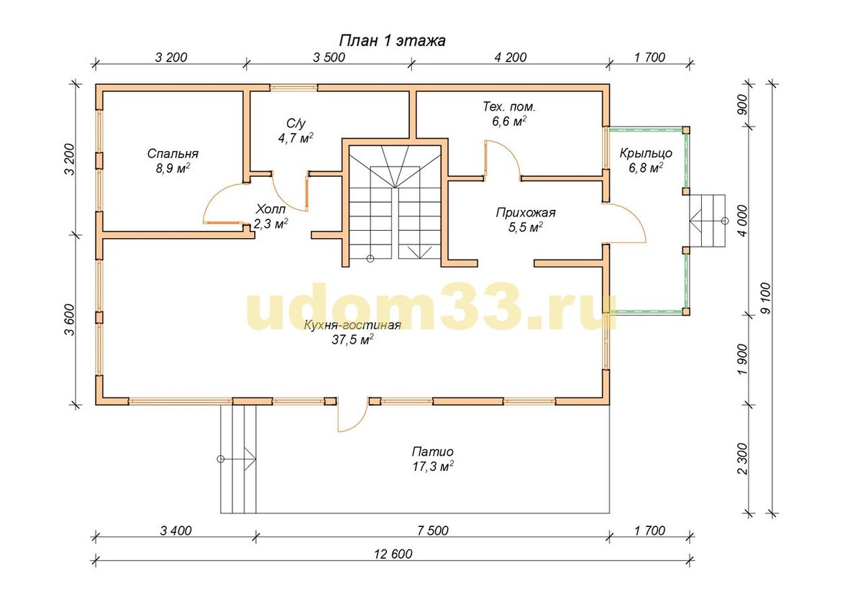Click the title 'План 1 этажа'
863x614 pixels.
point(392,40)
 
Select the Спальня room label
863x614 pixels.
point(173,154)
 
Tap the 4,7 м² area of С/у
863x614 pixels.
point(296,138)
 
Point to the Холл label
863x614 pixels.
point(271,209)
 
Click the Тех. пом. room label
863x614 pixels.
point(509,106)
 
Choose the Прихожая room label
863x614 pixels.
point(526,213)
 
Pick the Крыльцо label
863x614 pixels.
point(646,153)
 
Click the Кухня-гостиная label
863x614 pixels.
point(352,325)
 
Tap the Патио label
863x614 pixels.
point(433,451)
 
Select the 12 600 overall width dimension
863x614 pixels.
point(393,554)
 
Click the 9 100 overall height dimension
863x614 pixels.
point(767,298)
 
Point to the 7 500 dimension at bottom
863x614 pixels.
point(433,531)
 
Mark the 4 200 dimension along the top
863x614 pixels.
point(510,58)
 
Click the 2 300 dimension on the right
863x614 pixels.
point(743,459)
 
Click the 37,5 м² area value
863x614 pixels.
point(352,340)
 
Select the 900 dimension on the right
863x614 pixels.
point(742,104)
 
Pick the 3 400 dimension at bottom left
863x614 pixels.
point(175,531)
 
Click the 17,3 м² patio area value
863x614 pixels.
point(433,467)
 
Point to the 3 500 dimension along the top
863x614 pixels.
point(329,58)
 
